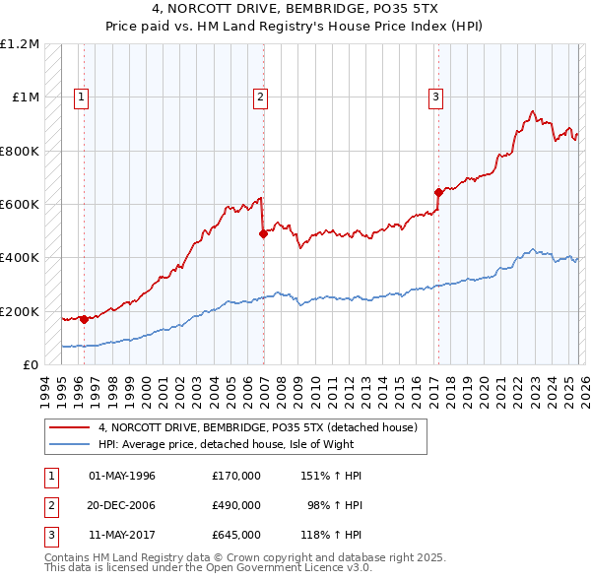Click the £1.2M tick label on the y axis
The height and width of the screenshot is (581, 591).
(x=21, y=44)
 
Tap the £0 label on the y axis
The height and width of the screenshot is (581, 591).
(x=31, y=365)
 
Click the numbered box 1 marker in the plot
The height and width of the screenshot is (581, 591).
(x=81, y=97)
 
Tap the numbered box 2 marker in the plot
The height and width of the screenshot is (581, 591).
(x=260, y=97)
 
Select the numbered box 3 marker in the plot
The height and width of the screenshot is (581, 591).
(x=434, y=97)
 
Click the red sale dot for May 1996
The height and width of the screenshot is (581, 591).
(x=85, y=319)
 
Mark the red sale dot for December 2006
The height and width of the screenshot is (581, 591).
(x=263, y=233)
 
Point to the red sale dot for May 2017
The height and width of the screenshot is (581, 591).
(x=438, y=192)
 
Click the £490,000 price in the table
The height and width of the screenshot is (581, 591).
(x=235, y=505)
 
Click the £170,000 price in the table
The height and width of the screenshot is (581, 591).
(x=235, y=476)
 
